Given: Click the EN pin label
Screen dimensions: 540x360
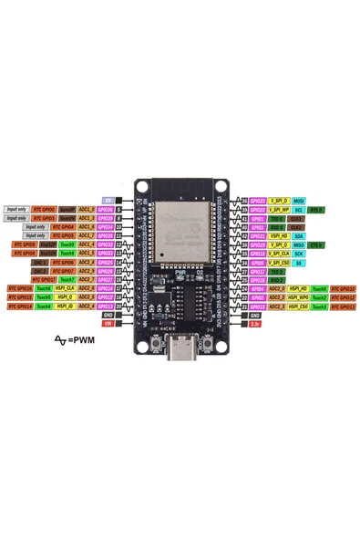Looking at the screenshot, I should [108, 200].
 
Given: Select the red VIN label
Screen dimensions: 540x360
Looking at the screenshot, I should [108, 322].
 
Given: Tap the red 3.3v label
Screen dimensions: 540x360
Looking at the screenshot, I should [256, 322].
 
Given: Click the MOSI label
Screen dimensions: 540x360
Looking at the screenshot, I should [298, 200].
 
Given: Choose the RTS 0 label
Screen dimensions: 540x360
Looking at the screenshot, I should [316, 209].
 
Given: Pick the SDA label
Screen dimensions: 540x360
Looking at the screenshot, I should [298, 235].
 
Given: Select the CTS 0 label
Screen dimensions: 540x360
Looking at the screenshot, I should [316, 244].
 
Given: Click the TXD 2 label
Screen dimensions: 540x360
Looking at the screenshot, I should [278, 271].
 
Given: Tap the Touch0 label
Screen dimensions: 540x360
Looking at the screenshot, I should [318, 288].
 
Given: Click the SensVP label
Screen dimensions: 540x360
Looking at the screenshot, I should [67, 209].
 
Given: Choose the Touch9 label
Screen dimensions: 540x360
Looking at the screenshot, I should [67, 244].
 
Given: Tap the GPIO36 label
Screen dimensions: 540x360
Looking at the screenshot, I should [107, 209].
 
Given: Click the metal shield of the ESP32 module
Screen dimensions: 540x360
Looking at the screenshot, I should [181, 227].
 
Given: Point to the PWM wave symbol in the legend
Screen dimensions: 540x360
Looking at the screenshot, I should [61, 340].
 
